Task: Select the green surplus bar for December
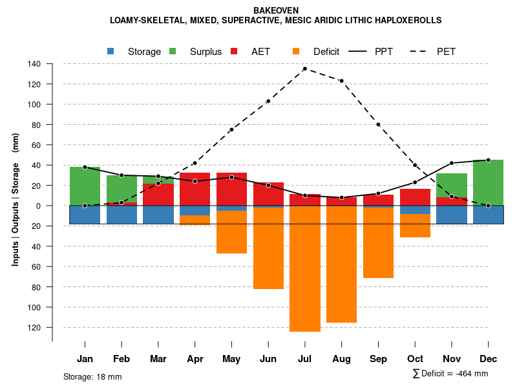[488, 182]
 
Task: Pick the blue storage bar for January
[85, 215]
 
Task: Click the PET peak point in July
[304, 69]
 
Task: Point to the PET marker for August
[341, 81]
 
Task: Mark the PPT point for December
[488, 160]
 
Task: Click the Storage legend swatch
[111, 51]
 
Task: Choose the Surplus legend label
[206, 52]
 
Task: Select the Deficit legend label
[326, 52]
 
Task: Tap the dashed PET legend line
[423, 51]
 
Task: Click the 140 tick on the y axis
[34, 64]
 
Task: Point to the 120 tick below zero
[34, 327]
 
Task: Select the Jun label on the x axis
[268, 359]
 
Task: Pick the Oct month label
[415, 359]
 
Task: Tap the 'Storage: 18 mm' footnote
[92, 376]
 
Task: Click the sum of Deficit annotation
[450, 373]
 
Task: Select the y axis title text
[16, 199]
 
